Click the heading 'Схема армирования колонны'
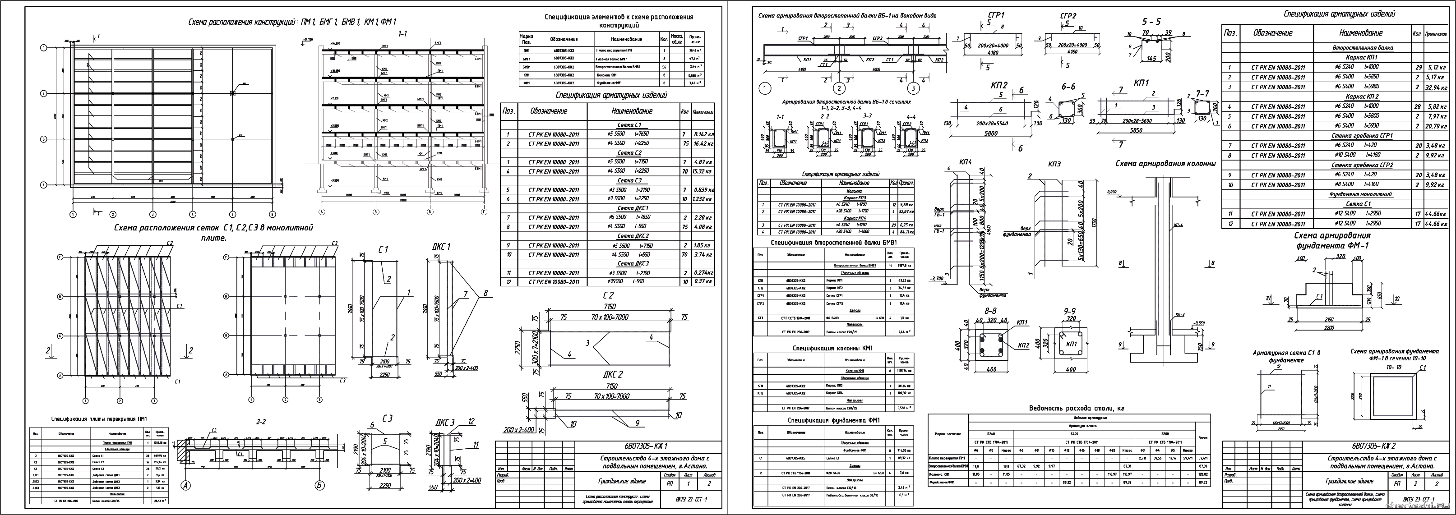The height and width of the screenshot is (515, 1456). coord(1165,164)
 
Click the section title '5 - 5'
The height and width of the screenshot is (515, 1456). coord(1151,22)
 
